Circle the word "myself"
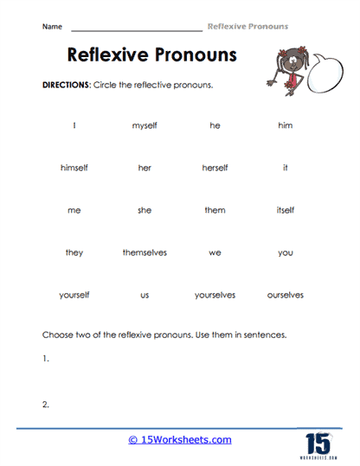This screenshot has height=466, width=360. (145, 126)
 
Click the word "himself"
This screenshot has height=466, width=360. (74, 168)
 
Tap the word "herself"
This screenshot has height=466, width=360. (215, 168)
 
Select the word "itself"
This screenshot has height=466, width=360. (285, 210)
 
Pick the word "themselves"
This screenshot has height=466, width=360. (145, 252)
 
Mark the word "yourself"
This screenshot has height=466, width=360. (74, 295)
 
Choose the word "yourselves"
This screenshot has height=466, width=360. (215, 295)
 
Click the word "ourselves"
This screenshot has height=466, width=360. (285, 295)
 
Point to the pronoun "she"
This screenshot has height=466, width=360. (145, 210)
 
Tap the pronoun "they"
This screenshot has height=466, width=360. (74, 252)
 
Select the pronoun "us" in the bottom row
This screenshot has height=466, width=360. (145, 295)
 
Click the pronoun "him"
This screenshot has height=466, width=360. (285, 126)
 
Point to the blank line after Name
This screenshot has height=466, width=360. (136, 29)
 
